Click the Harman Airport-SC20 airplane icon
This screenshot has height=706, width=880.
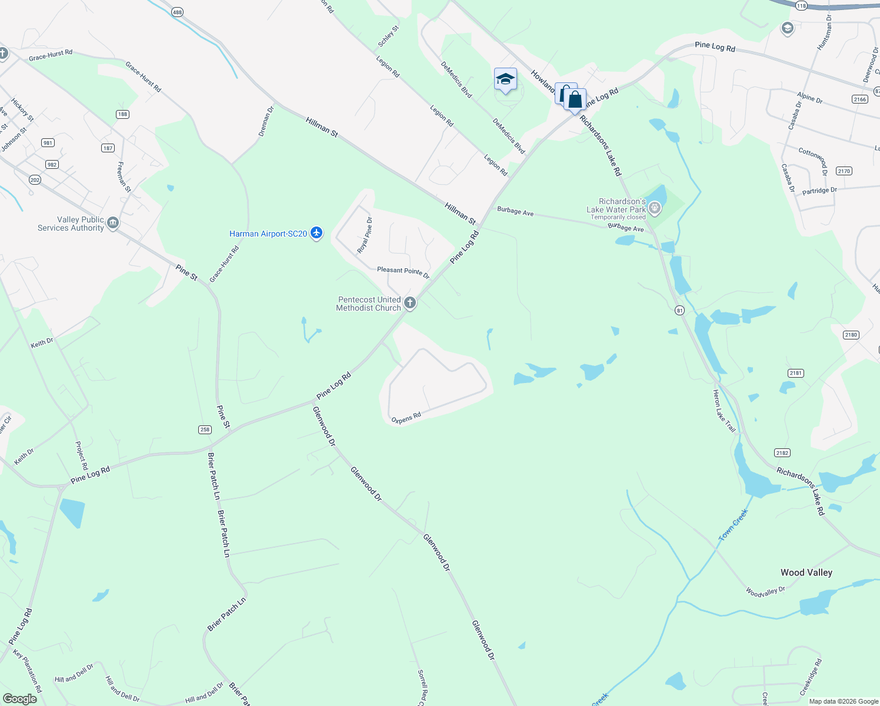317,233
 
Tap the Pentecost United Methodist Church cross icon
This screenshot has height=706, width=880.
410,303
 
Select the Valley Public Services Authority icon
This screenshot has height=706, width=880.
113,223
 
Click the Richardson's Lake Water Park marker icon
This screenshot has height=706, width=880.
654,208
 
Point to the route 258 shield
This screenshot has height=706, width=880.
205,429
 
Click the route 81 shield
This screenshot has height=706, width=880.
679,311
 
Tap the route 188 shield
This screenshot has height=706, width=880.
122,114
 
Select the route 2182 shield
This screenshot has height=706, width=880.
782,452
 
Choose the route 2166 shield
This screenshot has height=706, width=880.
859,99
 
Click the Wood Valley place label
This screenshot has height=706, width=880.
806,572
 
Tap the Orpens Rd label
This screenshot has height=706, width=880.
406,418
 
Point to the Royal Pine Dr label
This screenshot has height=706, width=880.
365,235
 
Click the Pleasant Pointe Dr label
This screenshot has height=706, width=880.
403,272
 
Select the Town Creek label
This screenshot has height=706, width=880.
733,525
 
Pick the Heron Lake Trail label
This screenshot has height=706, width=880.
724,411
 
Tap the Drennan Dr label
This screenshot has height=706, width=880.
266,121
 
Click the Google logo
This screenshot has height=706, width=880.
19,698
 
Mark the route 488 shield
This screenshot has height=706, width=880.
177,12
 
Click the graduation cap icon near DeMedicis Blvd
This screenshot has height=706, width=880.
505,79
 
